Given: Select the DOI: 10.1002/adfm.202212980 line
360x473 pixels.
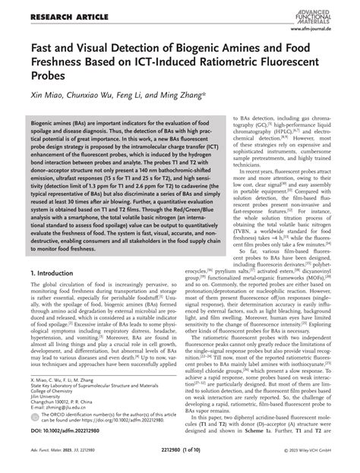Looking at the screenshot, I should tap(70, 439).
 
